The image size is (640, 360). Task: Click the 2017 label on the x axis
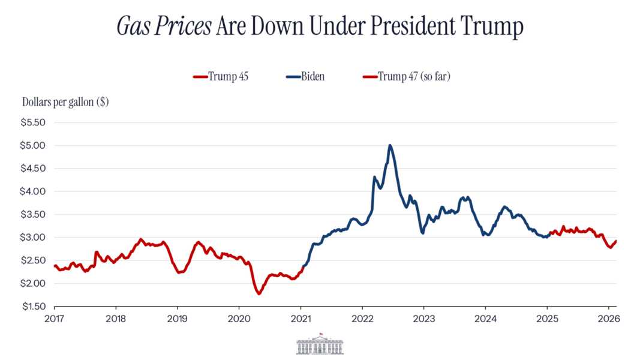[x=54, y=318]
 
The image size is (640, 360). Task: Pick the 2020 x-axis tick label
[x=239, y=318]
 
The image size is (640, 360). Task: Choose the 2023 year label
[x=423, y=318]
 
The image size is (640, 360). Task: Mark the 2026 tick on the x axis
[x=608, y=318]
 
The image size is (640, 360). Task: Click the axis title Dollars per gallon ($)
[x=65, y=102]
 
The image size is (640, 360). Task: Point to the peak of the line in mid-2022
[x=390, y=145]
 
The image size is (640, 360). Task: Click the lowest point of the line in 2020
[x=259, y=293]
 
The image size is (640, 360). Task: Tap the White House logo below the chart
[x=320, y=344]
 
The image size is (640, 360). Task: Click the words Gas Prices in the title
[x=163, y=27]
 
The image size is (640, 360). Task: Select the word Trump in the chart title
[x=491, y=27]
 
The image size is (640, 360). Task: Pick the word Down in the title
[x=274, y=27]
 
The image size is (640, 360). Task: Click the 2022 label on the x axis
[x=362, y=318]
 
